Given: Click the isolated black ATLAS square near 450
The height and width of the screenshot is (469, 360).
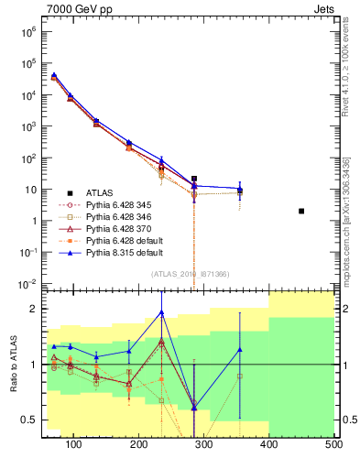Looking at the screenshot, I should click(301, 211).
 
